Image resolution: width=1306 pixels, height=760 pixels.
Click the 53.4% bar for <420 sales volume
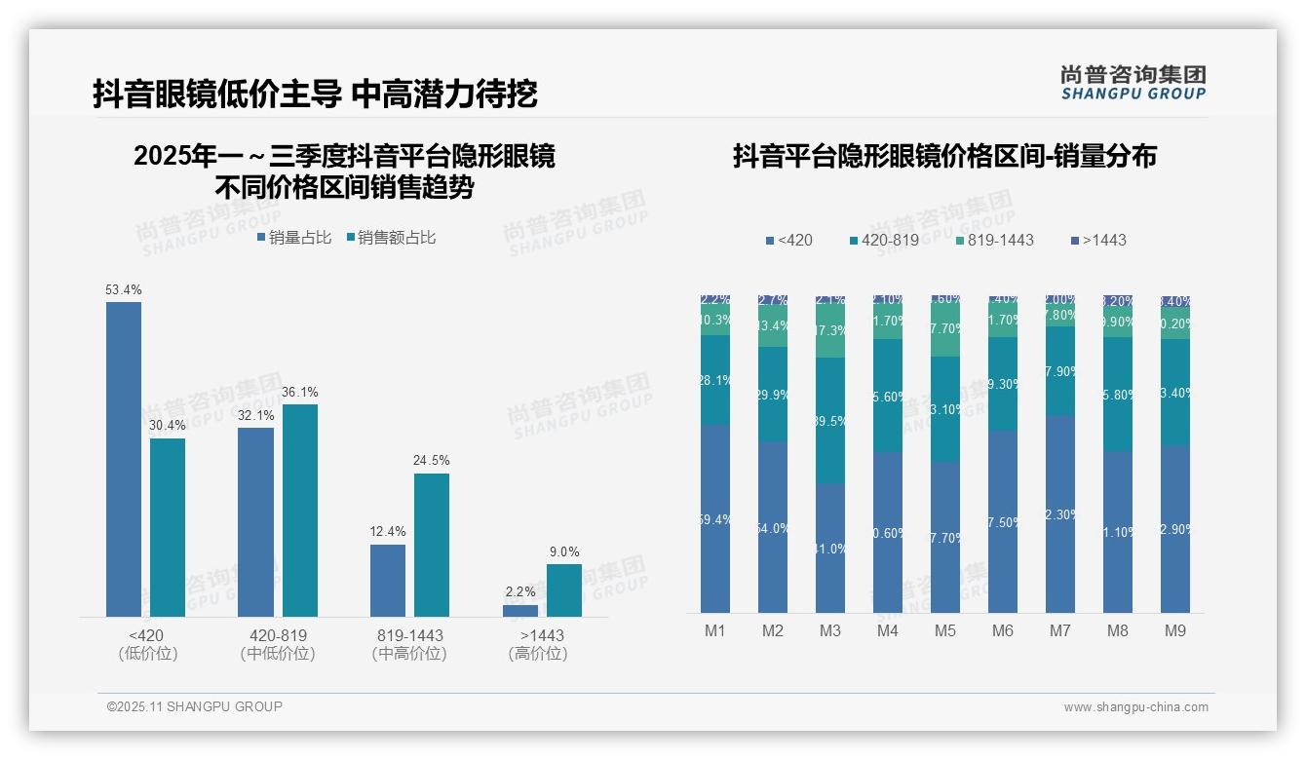pos(124,459)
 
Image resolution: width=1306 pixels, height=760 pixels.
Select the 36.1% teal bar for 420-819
pos(299,511)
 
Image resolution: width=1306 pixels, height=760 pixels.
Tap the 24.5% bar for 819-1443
pos(431,545)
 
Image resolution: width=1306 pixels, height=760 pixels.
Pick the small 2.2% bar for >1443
pos(519,611)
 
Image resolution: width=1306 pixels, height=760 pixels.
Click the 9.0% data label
pos(563,551)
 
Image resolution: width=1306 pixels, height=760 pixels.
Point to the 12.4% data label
pos(387,532)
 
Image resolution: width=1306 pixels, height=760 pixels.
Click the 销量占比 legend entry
pos(294,238)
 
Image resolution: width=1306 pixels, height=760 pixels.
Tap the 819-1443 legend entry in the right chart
pos(993,240)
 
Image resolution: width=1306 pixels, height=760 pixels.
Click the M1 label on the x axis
pos(715,630)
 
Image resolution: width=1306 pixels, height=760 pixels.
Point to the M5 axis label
pos(945,630)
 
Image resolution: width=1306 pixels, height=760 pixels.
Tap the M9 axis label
pos(1175,630)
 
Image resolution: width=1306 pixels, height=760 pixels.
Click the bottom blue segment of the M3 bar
pos(830,548)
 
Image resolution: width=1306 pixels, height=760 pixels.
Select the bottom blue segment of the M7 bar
pos(1060,513)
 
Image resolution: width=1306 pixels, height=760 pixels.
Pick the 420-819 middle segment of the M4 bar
pos(888,396)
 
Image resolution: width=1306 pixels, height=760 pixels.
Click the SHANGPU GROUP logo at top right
pos(1133,83)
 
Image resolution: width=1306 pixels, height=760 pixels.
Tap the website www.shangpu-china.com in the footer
pos(1135,707)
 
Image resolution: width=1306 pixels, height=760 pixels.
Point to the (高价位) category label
pos(537,654)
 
